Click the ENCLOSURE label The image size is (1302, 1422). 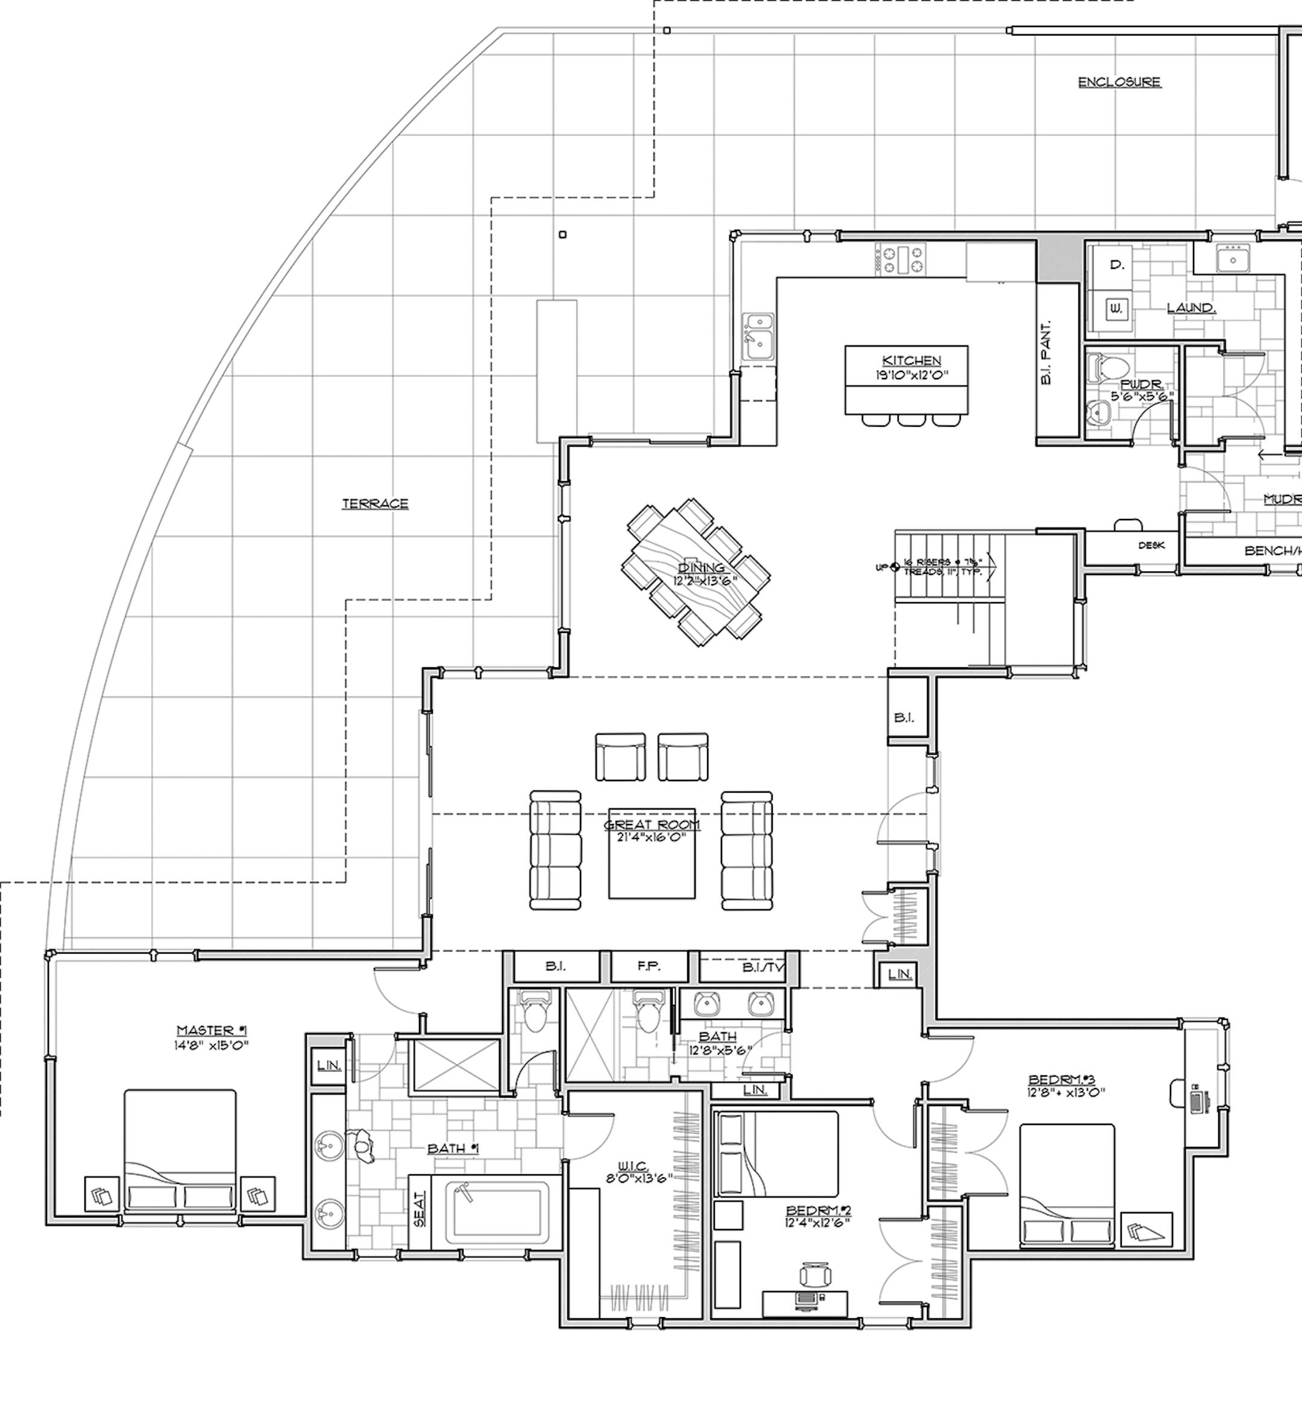(x=1119, y=82)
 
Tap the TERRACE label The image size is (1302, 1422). (x=375, y=503)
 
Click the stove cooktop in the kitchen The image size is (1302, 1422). (x=901, y=259)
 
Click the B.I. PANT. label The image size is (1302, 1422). (x=1046, y=352)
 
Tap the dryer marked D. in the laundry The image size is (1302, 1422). (x=1116, y=265)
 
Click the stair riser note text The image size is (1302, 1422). (x=942, y=567)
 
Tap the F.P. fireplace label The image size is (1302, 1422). (x=648, y=966)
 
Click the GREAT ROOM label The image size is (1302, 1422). (x=652, y=824)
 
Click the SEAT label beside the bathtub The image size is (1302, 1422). (x=420, y=1209)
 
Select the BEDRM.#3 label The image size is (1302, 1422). (x=1061, y=1079)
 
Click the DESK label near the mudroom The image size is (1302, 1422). (x=1151, y=546)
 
